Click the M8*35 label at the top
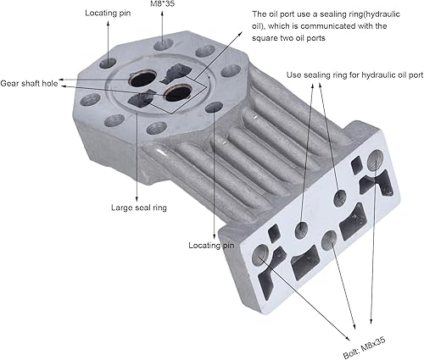(x=162, y=4)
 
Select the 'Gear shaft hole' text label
(x=29, y=84)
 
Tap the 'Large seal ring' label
(x=139, y=208)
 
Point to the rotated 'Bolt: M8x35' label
(x=365, y=347)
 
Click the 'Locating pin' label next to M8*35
(x=108, y=13)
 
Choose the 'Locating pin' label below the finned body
(x=211, y=245)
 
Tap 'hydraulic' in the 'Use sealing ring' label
(x=378, y=75)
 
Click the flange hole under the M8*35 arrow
(x=164, y=44)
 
